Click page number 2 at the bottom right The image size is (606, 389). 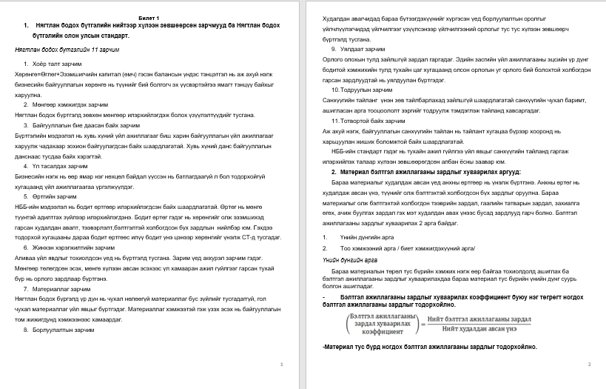589,365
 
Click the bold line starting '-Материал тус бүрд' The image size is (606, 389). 429,347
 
